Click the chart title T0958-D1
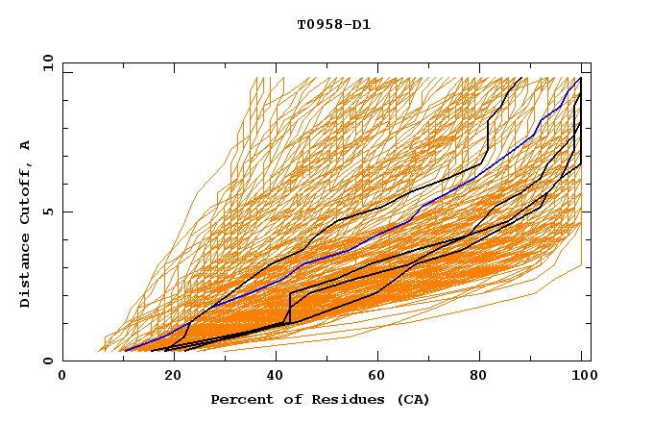[x=334, y=25]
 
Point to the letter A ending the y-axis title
[x=25, y=145]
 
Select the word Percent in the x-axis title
[x=237, y=399]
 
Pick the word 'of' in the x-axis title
[x=283, y=399]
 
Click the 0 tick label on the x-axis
[x=62, y=377]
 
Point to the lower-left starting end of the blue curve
[x=122, y=351]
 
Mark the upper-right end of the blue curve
[x=580, y=78]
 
